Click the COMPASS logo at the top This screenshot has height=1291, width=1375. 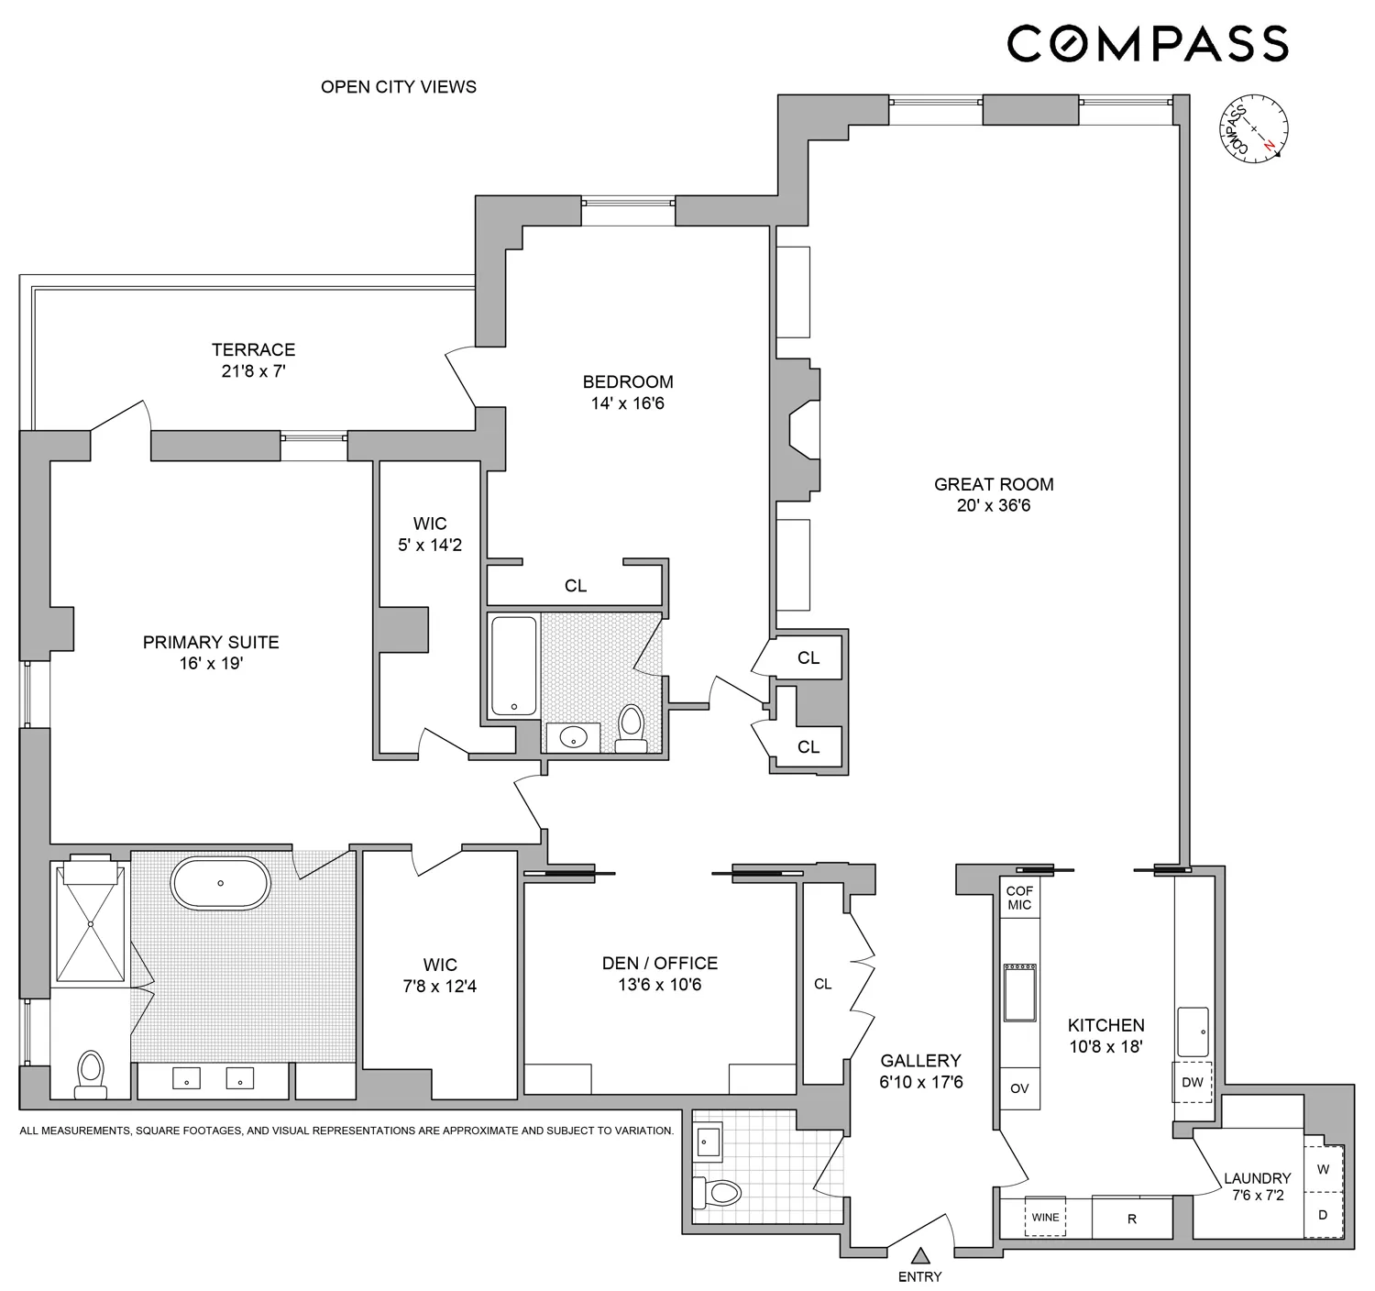coord(1148,44)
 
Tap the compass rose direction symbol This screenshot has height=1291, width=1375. coord(1253,131)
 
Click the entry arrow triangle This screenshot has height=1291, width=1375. coord(920,1255)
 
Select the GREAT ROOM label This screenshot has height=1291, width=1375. coord(994,484)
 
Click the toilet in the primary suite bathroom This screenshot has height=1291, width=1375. coord(90,1072)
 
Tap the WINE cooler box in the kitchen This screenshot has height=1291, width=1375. coord(1045,1218)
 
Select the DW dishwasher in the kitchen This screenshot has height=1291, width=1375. coord(1192,1082)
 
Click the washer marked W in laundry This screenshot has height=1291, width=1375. coord(1323,1170)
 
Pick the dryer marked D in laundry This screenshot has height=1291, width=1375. coord(1323,1216)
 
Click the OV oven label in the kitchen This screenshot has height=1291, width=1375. coord(1019,1088)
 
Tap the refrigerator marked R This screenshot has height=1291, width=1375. coord(1132,1219)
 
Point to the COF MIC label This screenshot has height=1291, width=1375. coord(1019,898)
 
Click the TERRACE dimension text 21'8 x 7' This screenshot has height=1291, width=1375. coord(254,371)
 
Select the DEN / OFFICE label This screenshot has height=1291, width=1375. coord(660,963)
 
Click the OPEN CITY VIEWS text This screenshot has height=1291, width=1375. coord(399,87)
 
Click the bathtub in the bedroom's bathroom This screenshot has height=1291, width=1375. coord(514,666)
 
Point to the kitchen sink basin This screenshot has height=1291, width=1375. coord(1193,1032)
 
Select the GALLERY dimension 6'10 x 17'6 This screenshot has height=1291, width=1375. coord(921,1082)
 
